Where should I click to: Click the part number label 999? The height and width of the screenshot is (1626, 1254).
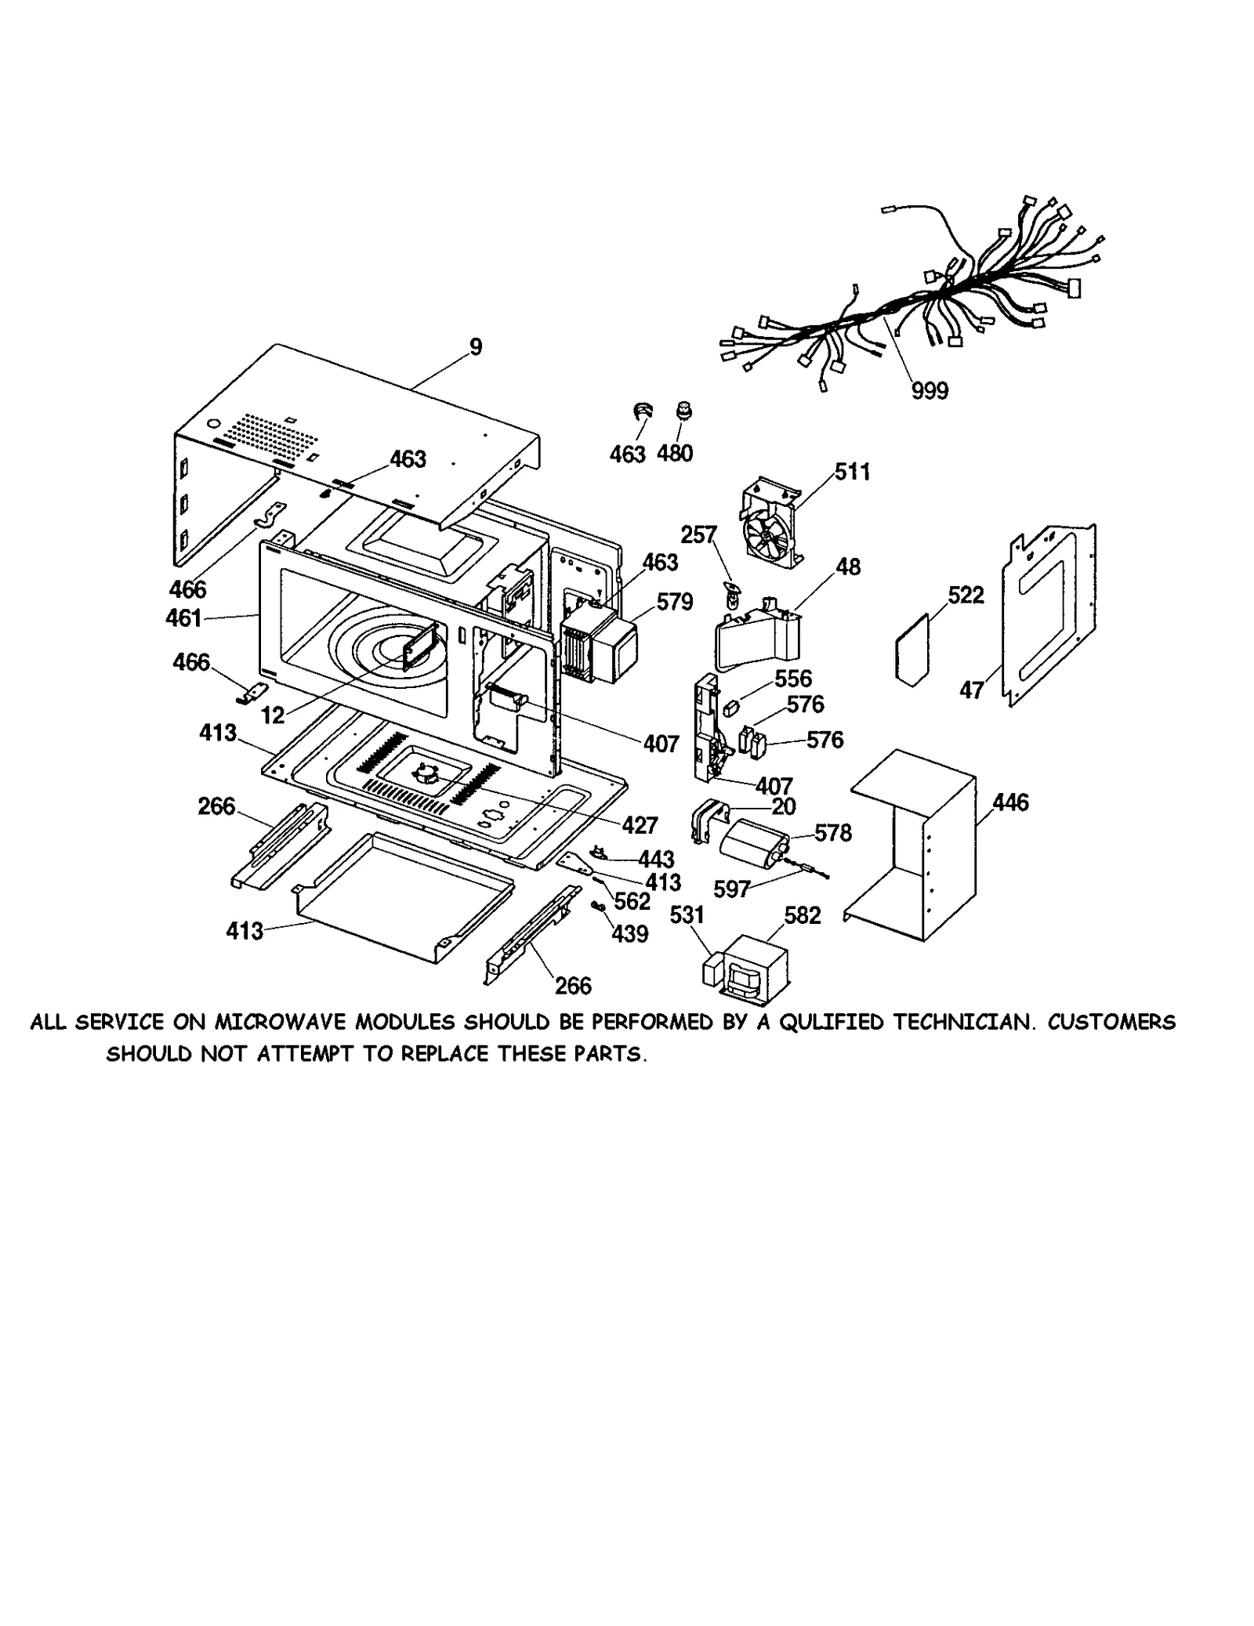coord(930,390)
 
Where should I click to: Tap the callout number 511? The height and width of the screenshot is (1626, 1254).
coord(852,472)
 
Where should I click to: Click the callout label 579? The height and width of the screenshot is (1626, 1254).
coord(675,602)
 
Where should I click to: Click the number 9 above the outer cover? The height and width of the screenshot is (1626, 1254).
coord(476,346)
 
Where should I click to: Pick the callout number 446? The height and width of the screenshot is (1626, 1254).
coord(1010,802)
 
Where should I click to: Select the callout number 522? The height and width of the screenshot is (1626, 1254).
coord(966,596)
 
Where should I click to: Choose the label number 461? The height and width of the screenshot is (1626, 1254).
coord(184,618)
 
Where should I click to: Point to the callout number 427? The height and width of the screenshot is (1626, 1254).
coord(640,825)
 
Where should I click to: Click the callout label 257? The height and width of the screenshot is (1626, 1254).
coord(698,534)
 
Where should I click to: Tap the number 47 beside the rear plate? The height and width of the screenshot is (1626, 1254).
coord(972,690)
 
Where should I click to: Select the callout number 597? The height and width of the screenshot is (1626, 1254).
coord(732,889)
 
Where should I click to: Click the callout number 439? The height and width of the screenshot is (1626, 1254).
coord(630,934)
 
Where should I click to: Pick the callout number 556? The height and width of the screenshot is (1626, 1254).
coord(793,679)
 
